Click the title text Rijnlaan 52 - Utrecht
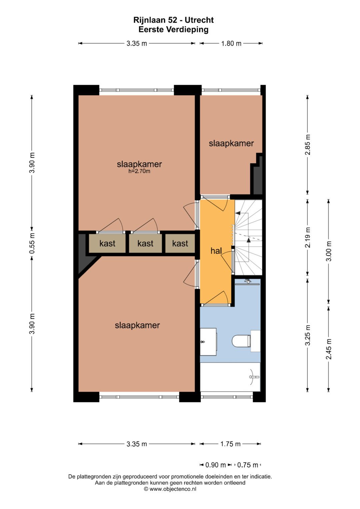[x=173, y=20]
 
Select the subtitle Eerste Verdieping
[x=173, y=29]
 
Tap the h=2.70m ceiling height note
[x=139, y=171]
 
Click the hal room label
[x=216, y=251]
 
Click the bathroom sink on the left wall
[x=208, y=340]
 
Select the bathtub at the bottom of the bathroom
[x=230, y=377]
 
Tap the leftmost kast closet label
[x=107, y=243]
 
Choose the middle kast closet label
[x=145, y=243]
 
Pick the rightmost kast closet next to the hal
[x=180, y=243]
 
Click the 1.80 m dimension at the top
[x=231, y=43]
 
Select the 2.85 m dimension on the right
[x=308, y=145]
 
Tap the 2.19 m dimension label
[x=308, y=237]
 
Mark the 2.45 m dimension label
[x=329, y=349]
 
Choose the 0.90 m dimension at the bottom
[x=215, y=465]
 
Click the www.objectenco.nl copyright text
[x=170, y=489]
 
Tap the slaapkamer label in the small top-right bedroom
[x=231, y=143]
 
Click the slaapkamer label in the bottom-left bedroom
[x=137, y=325]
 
